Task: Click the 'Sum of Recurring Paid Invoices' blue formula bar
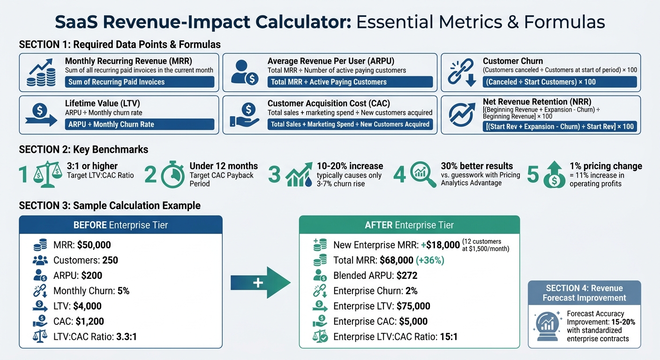139,82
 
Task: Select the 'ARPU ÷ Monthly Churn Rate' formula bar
139,124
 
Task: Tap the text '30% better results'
477,166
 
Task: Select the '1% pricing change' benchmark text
606,166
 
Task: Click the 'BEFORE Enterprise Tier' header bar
120,225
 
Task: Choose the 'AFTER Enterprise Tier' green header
409,225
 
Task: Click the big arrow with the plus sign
261,283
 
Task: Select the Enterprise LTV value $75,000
413,307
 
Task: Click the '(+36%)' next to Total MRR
428,260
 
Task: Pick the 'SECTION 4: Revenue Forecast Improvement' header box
584,293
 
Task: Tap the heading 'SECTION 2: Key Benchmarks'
83,150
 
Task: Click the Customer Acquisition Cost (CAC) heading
335,104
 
